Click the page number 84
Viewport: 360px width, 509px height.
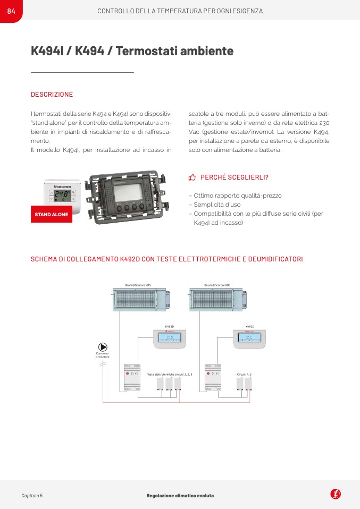[11, 11]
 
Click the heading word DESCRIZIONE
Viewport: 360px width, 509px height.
[52, 95]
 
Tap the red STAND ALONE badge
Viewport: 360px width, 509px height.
[52, 215]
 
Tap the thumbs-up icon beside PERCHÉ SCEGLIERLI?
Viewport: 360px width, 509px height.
[192, 177]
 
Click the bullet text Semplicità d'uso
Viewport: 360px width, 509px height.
[217, 205]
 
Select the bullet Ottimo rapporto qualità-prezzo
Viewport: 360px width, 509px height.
[237, 196]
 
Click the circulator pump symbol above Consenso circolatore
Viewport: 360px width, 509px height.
[102, 346]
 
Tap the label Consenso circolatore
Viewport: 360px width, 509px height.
[102, 355]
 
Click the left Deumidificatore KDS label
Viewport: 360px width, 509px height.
[138, 285]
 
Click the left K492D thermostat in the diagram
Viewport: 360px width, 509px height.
[170, 338]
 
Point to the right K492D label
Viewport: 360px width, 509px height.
[249, 326]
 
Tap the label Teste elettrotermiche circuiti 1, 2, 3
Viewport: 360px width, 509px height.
[169, 375]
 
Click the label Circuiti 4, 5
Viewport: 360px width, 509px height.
[244, 375]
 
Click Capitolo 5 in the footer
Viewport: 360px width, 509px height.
[32, 495]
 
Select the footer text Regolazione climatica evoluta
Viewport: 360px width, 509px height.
[180, 495]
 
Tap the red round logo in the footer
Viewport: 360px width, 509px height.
[336, 494]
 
